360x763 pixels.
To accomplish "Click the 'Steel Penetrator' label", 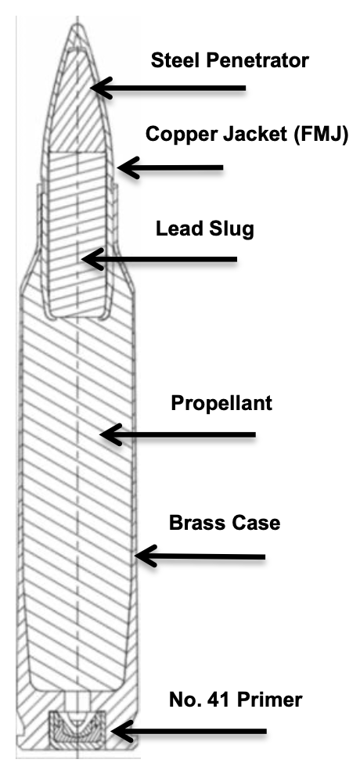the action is (x=229, y=61).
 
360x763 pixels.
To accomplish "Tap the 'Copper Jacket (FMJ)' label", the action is (x=247, y=135).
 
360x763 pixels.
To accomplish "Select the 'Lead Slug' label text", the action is (x=205, y=229).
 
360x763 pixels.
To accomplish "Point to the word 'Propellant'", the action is (x=221, y=403).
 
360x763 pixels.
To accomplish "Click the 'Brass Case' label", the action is (x=225, y=523).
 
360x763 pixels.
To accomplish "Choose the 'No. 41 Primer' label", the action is (x=236, y=700).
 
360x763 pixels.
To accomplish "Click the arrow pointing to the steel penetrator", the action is (x=167, y=88).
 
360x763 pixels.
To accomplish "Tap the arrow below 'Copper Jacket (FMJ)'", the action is (x=170, y=168).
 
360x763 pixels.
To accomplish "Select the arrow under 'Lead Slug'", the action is (x=159, y=259).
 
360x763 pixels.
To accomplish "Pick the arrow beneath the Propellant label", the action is (x=178, y=434).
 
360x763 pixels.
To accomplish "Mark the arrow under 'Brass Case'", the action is (x=200, y=556).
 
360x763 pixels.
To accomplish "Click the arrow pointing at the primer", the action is (x=189, y=732).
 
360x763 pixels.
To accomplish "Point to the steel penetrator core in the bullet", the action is (x=77, y=97).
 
